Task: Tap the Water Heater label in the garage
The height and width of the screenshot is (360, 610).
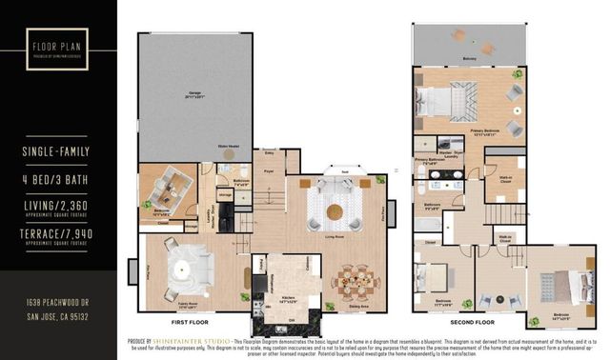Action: [228, 146]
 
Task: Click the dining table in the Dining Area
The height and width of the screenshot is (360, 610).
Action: [355, 282]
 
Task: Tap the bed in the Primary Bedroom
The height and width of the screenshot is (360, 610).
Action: [448, 100]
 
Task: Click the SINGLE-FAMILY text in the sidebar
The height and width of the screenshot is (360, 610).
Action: [59, 151]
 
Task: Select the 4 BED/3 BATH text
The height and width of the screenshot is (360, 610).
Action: [59, 178]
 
